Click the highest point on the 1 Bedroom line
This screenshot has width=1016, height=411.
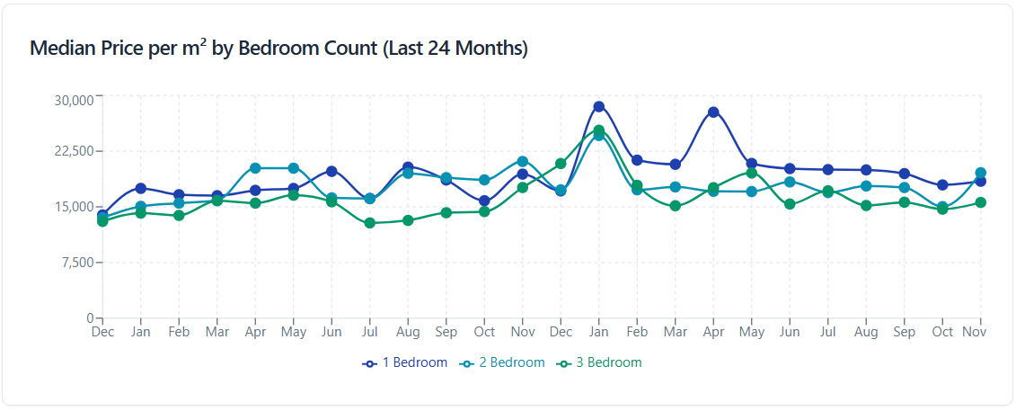pos(599,107)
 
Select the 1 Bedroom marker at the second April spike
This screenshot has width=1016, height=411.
pos(713,112)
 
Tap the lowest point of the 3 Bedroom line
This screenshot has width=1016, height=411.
pos(370,223)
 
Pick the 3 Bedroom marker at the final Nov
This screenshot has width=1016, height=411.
pos(981,202)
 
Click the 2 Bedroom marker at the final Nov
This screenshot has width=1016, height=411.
pos(981,173)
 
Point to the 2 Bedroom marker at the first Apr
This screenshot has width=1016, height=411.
pos(255,168)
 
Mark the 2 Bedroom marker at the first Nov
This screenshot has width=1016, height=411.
pos(523,162)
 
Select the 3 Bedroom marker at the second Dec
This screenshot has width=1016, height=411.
pos(561,164)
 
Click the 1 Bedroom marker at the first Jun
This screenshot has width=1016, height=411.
pos(331,171)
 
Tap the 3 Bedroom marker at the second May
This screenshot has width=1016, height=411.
pos(752,173)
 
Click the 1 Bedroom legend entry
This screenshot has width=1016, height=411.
pos(405,362)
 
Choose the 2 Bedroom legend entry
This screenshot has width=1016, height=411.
pos(503,362)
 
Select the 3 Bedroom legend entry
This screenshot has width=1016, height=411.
pos(600,362)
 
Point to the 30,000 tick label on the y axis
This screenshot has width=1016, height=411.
pos(74,100)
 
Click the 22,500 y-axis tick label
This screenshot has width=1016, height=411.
pos(74,150)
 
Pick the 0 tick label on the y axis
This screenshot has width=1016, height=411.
pos(90,317)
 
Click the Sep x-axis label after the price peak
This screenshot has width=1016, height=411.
pos(905,332)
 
